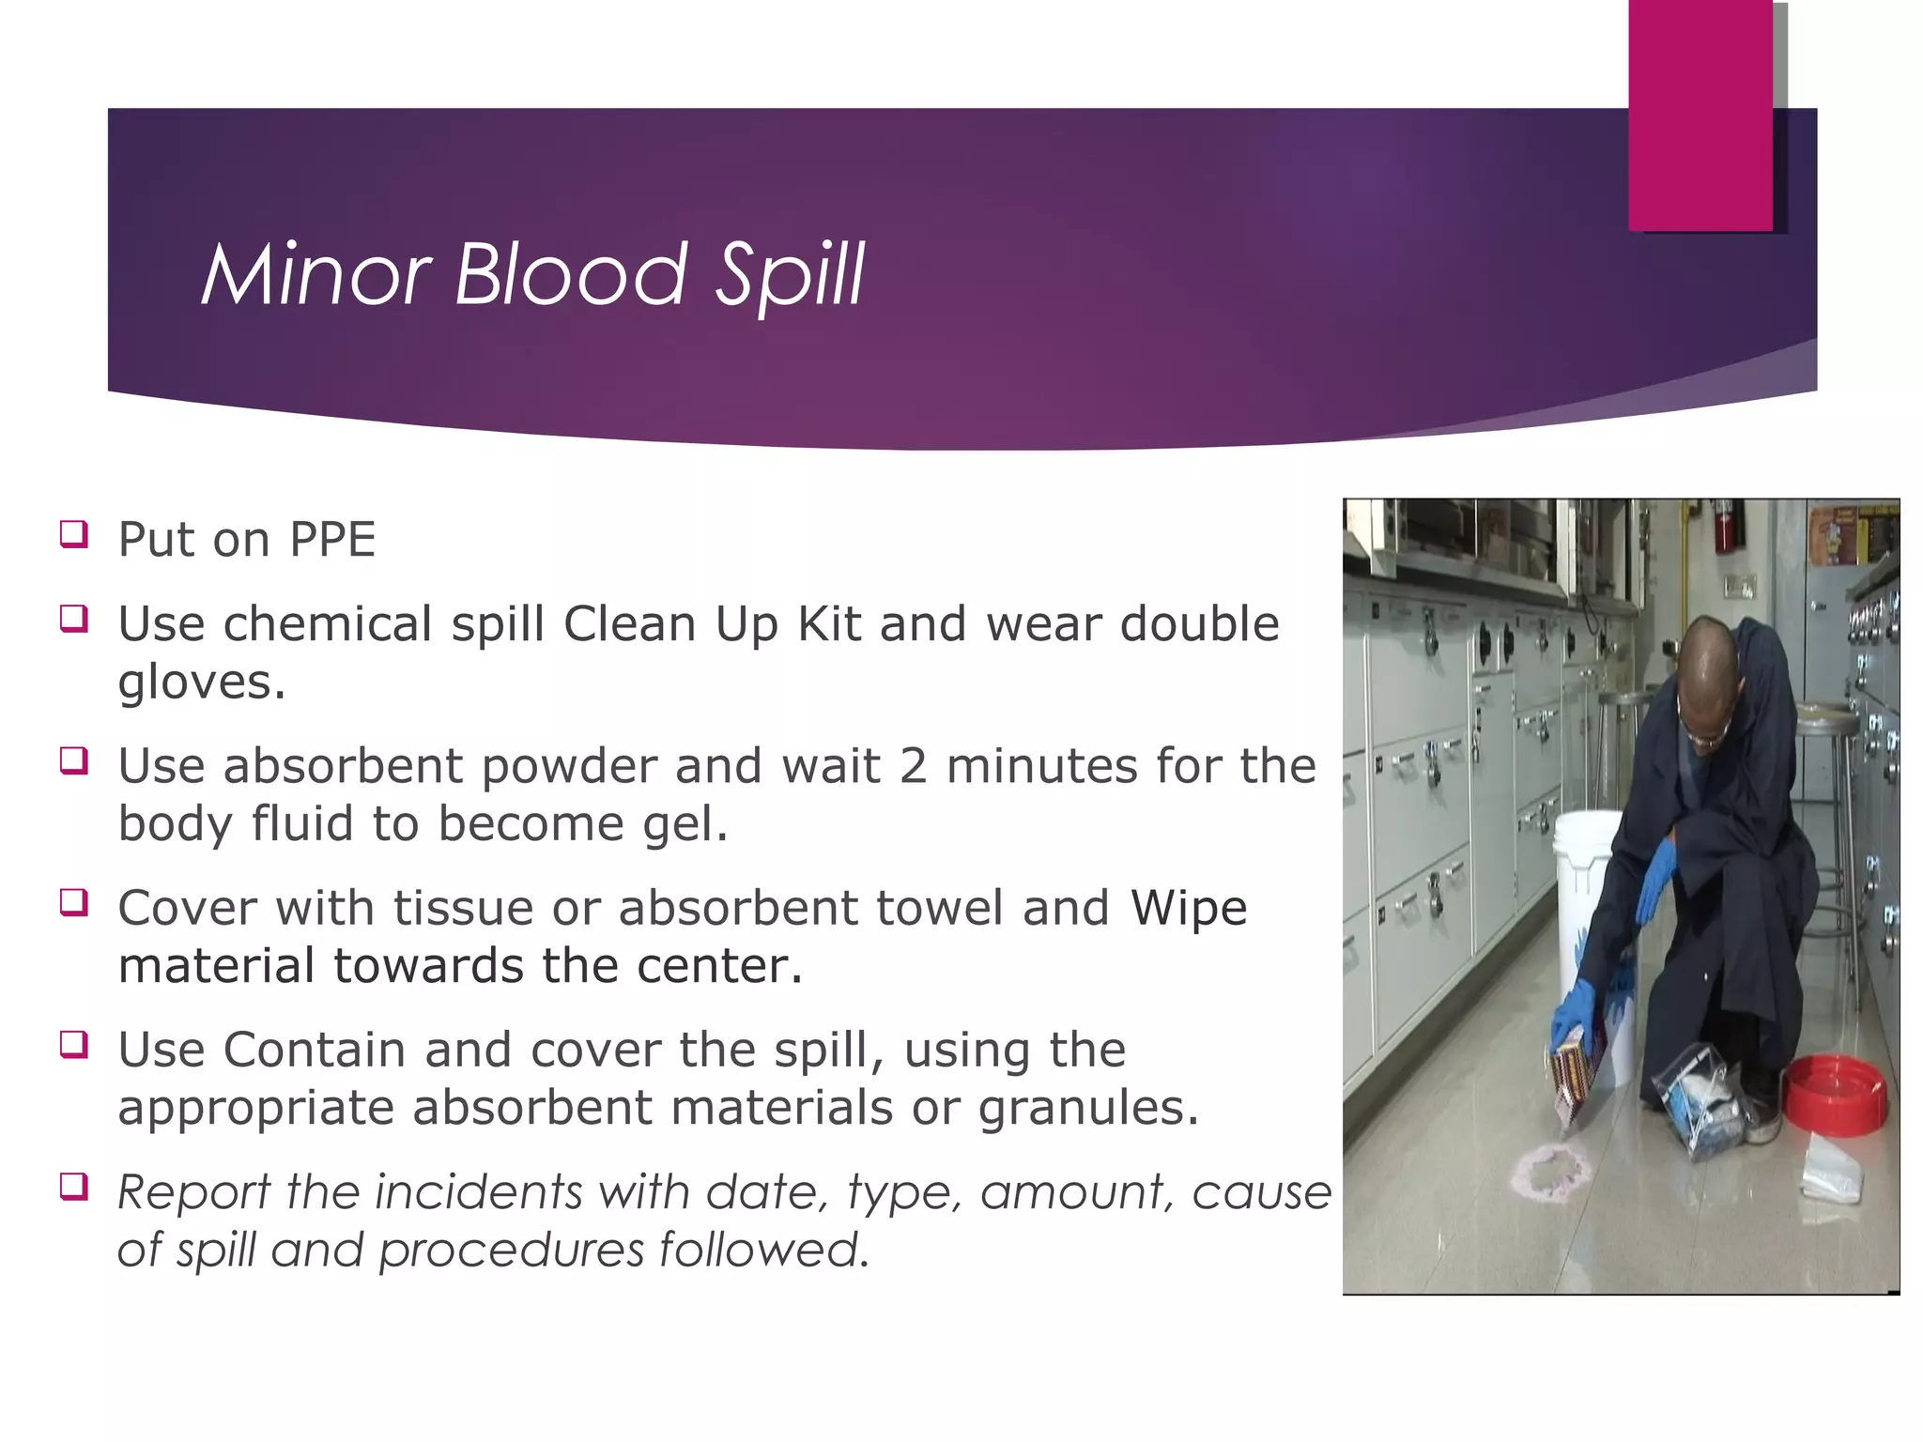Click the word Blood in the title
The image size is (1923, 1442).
pos(571,275)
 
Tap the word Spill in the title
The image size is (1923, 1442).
pos(789,275)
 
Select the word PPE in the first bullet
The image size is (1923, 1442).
pos(332,540)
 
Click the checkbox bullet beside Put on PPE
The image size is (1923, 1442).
pos(74,534)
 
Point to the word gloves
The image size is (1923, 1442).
pos(200,683)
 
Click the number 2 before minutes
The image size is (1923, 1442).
pos(913,766)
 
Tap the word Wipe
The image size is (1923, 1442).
pos(1189,909)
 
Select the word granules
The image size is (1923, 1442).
pos(1087,1108)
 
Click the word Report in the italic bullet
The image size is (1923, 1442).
pos(194,1193)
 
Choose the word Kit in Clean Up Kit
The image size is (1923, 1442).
pos(829,624)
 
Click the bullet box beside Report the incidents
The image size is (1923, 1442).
pos(74,1187)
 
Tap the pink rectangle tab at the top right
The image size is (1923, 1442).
pos(1700,115)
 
